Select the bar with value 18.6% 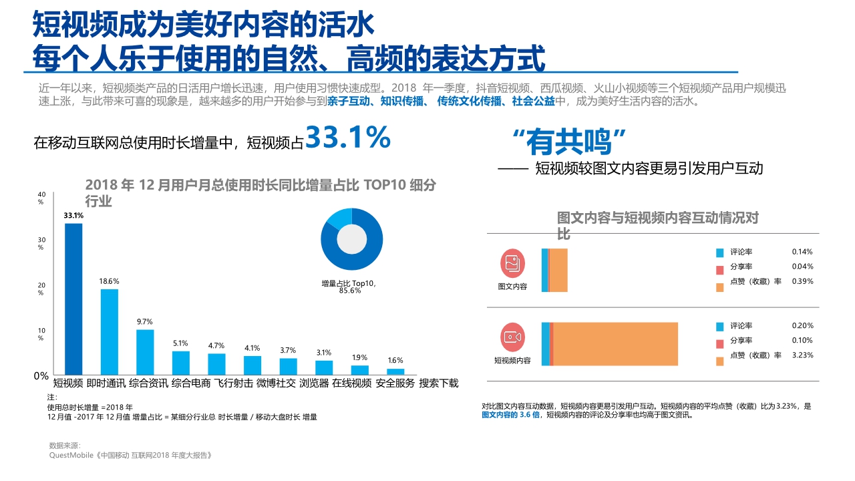[x=109, y=331]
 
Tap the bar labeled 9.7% [x=145, y=351]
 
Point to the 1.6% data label [x=395, y=361]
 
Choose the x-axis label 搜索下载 [x=438, y=383]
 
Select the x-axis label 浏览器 [x=313, y=383]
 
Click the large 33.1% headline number [x=347, y=138]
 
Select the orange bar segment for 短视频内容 [x=615, y=343]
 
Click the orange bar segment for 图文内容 [x=558, y=270]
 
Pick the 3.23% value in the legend [x=802, y=355]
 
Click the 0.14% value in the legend [x=802, y=252]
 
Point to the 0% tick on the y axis [x=41, y=376]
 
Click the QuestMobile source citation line [x=131, y=455]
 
